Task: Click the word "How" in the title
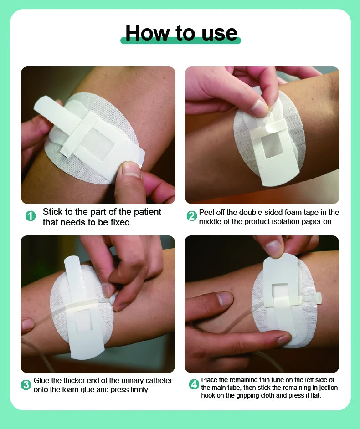pos(148,32)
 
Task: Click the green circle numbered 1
pos(31,216)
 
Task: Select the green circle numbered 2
pos(192,216)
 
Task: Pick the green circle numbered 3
pos(26,385)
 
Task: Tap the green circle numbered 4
pos(194,384)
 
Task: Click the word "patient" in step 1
pos(147,212)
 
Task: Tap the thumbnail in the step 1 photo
pos(131,169)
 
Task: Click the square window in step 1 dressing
pos(97,143)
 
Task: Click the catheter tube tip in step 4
pos(319,298)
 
